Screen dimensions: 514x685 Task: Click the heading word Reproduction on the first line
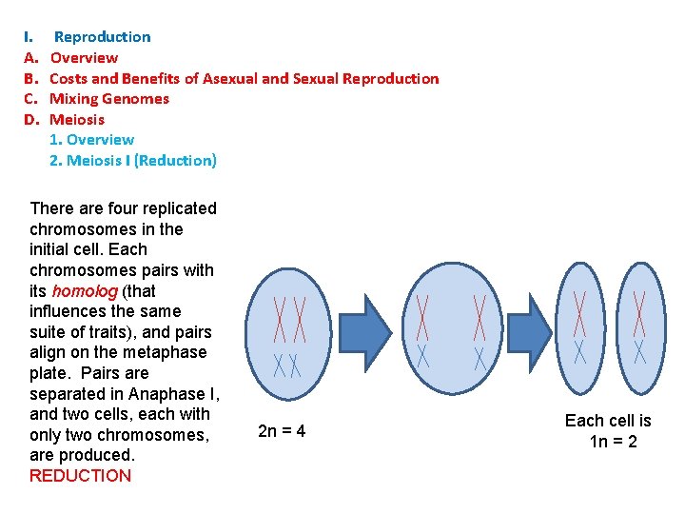[x=102, y=37]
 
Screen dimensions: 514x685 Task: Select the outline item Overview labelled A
[x=84, y=58]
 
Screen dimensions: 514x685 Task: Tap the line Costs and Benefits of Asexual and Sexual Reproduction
[x=244, y=78]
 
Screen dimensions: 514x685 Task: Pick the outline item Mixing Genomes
[x=109, y=99]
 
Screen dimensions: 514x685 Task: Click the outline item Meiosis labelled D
[x=77, y=119]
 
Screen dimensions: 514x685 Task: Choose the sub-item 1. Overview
[x=91, y=140]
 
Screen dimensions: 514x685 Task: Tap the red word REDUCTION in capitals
[x=81, y=476]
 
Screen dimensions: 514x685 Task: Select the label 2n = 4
[x=282, y=431]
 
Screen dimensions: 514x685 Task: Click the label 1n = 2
[x=614, y=442]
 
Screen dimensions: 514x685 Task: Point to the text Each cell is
[x=608, y=421]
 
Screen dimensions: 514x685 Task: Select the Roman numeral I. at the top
[x=29, y=37]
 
